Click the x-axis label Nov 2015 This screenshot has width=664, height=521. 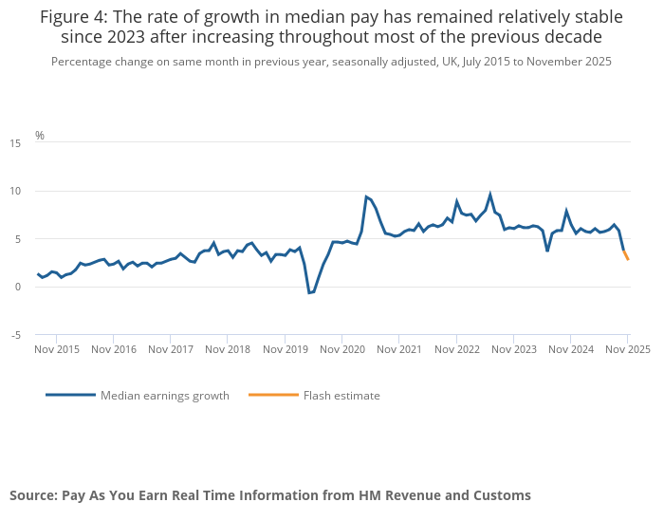pyautogui.click(x=56, y=349)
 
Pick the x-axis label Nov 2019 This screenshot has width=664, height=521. pyautogui.click(x=286, y=349)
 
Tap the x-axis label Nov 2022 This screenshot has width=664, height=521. pyautogui.click(x=457, y=349)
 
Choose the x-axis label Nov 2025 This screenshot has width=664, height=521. pyautogui.click(x=627, y=349)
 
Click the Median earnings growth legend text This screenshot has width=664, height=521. pyautogui.click(x=165, y=396)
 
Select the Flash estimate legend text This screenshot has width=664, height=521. pyautogui.click(x=341, y=396)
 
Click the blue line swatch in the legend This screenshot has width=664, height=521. pyautogui.click(x=70, y=395)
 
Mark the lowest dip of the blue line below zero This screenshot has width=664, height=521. pyautogui.click(x=309, y=293)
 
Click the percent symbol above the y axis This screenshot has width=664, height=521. pyautogui.click(x=40, y=135)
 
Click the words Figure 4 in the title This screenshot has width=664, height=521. pyautogui.click(x=71, y=17)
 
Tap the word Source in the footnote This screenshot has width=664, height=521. pyautogui.click(x=33, y=495)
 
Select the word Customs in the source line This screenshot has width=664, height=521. pyautogui.click(x=501, y=495)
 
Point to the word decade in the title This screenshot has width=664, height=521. pyautogui.click(x=574, y=37)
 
